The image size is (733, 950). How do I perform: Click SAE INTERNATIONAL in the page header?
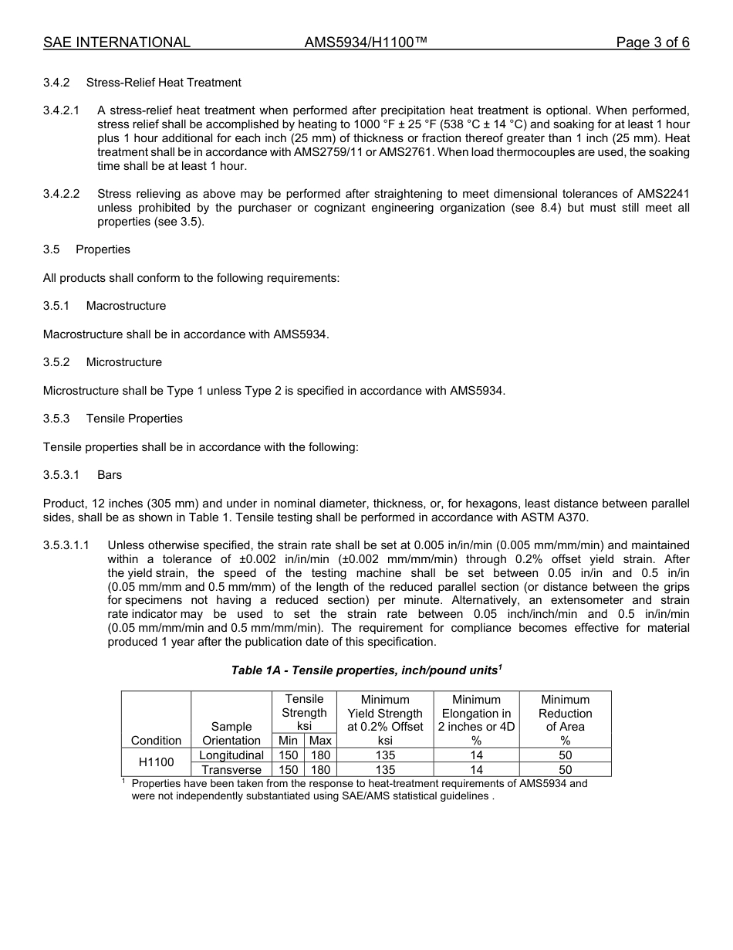coord(117,42)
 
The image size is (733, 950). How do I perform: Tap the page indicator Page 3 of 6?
coord(652,42)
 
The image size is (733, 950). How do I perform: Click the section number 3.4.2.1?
coord(62,110)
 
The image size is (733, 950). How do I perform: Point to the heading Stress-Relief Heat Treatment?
coord(164,83)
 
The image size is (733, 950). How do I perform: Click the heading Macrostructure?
coord(126,306)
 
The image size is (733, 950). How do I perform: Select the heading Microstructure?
coord(123,362)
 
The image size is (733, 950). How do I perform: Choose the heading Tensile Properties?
coord(134,419)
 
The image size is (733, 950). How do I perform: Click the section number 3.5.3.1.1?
coord(66,545)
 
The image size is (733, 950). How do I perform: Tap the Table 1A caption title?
coord(366,670)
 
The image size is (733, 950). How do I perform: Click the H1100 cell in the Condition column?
coord(156,762)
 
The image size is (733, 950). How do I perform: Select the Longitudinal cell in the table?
coord(231,755)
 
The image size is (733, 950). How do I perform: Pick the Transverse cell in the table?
coord(231,770)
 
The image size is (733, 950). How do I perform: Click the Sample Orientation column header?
coord(231,734)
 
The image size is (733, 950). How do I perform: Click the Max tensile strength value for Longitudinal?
coord(320,755)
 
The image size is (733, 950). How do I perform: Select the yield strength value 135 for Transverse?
coord(385,770)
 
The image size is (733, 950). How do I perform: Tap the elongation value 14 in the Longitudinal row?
coord(476,755)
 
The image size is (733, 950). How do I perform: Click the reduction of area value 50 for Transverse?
coord(565,770)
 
